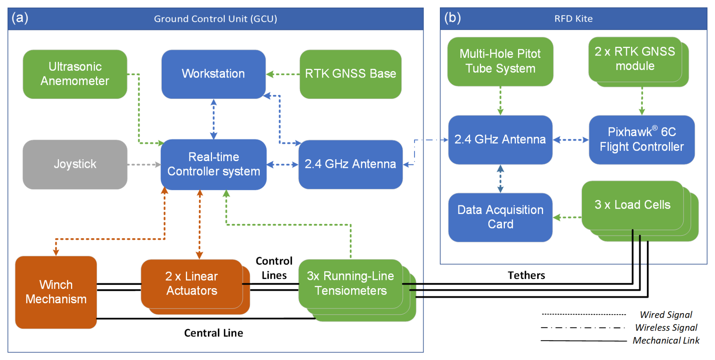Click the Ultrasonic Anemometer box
[x=75, y=74]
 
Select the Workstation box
[x=214, y=74]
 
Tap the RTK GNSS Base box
[x=350, y=74]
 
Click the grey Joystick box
[x=75, y=164]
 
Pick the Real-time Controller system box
[x=214, y=164]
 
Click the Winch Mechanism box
[x=56, y=292]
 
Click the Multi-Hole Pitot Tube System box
[x=500, y=62]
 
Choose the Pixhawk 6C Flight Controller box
[x=642, y=140]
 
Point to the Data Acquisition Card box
[x=500, y=217]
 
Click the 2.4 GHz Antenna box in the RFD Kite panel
[x=500, y=140]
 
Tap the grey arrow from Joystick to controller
[x=144, y=164]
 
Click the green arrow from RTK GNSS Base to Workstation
[x=283, y=74]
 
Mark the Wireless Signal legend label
[x=666, y=327]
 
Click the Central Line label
[x=214, y=333]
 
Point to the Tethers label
[x=526, y=275]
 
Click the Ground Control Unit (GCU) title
[x=215, y=19]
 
